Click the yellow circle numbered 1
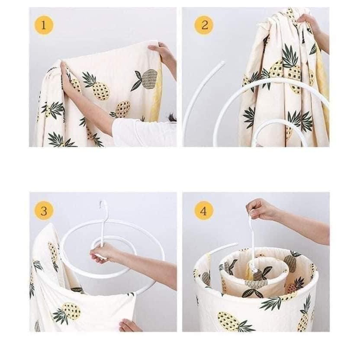point(44,25)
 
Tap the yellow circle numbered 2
point(204,25)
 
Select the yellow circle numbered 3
point(44,211)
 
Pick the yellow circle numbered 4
point(204,211)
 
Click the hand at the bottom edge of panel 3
point(130,325)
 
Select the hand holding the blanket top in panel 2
point(309,22)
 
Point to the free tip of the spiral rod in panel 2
point(222,62)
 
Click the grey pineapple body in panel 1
point(149,79)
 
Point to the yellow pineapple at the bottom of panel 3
point(71,311)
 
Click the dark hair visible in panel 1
point(172,118)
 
